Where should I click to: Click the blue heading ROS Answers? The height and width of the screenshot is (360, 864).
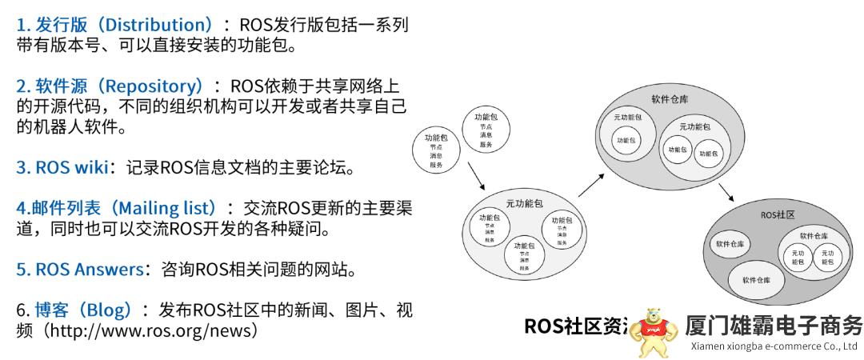(x=78, y=269)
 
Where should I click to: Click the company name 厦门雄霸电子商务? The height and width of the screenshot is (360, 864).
(x=774, y=326)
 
